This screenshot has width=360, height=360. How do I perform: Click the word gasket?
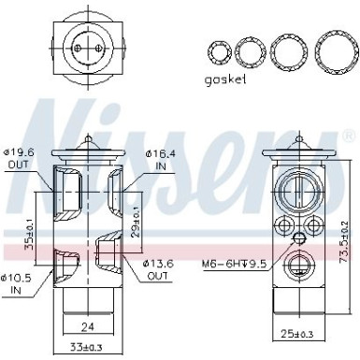[224, 80]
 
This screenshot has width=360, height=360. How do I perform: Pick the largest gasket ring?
[336, 48]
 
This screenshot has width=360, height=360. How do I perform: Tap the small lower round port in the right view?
[300, 265]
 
